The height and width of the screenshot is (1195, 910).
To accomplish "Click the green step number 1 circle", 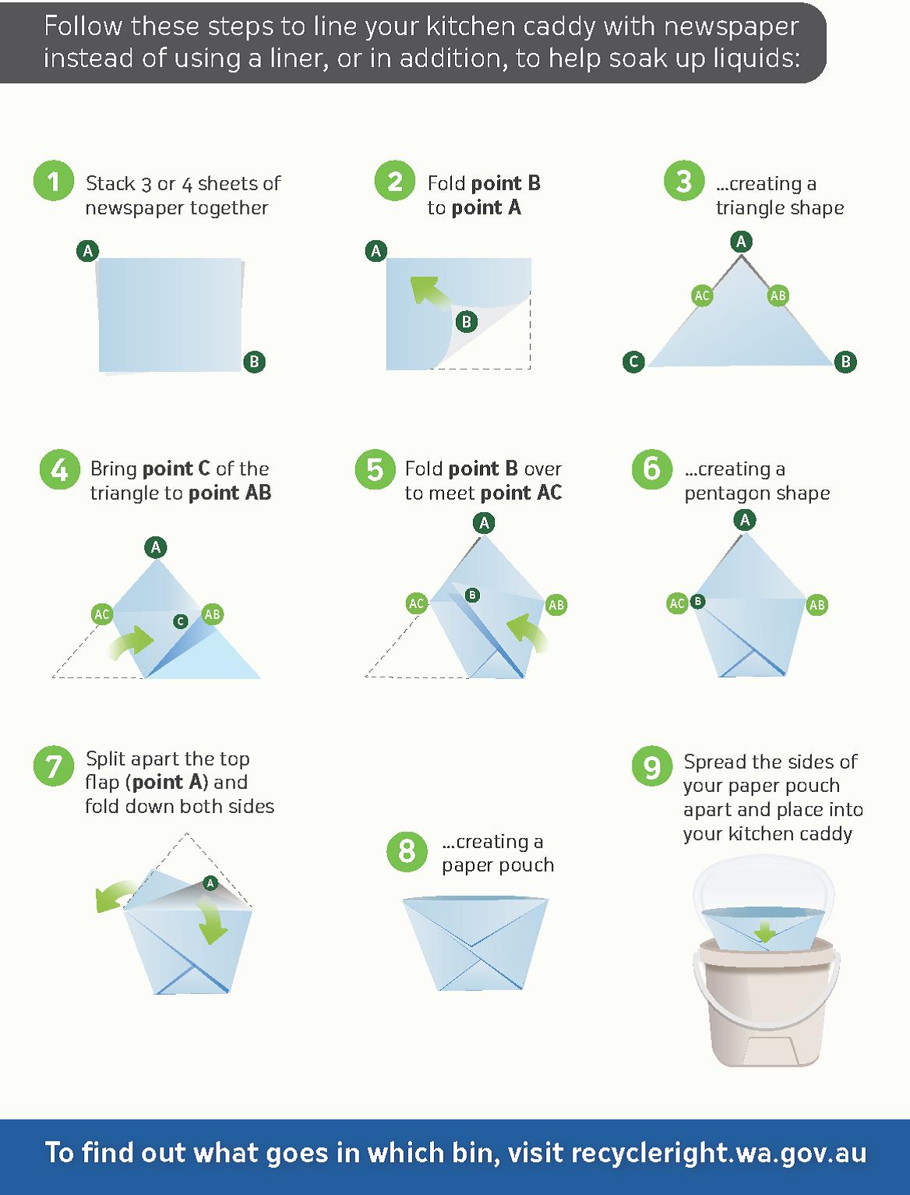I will click(53, 182).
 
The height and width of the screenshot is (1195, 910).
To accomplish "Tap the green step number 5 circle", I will click(375, 469).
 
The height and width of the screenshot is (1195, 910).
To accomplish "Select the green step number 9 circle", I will click(651, 767).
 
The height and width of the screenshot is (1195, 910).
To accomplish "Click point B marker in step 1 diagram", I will click(254, 362).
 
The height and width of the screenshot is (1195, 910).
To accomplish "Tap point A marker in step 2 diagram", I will click(376, 251).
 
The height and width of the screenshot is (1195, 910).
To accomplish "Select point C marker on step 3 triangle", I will click(633, 362).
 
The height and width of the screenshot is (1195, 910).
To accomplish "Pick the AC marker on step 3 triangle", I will click(702, 295).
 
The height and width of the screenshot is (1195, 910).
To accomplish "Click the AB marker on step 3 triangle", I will click(778, 295).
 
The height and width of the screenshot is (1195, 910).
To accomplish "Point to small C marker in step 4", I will click(180, 621).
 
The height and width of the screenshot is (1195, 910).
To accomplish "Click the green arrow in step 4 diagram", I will click(132, 641).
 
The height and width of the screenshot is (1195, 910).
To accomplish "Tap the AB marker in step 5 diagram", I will click(556, 605).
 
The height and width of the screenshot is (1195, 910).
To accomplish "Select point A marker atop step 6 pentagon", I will click(745, 520).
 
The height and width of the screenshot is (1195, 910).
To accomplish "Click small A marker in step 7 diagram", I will click(209, 883).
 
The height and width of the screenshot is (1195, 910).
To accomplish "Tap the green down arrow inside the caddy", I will click(765, 932).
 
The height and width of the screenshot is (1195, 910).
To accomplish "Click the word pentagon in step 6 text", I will click(726, 493).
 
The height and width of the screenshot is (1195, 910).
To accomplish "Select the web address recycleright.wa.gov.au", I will click(718, 1153).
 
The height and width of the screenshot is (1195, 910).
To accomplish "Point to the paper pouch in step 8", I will click(475, 943).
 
